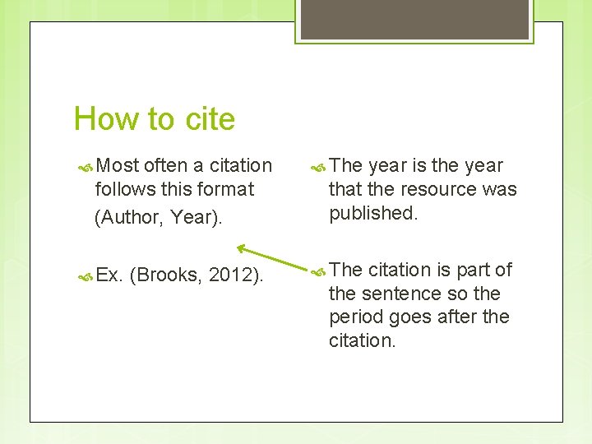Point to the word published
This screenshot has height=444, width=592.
(374, 213)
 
